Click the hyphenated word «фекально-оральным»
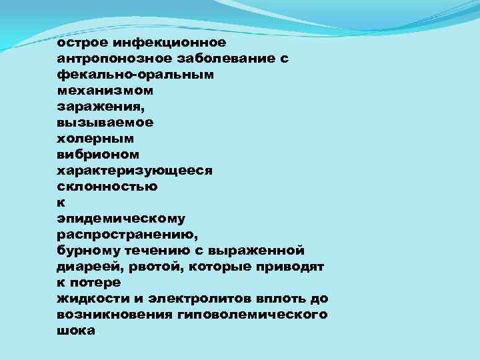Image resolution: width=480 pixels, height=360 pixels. point(136,75)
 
